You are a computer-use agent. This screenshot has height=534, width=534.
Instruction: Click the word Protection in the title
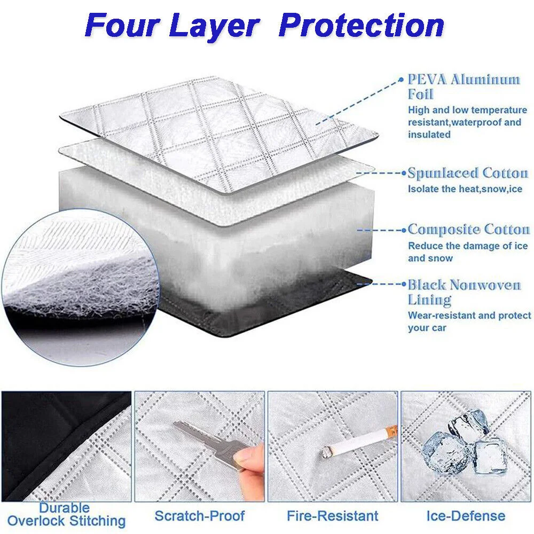click(362, 25)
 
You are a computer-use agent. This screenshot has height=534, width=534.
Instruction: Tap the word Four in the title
click(122, 25)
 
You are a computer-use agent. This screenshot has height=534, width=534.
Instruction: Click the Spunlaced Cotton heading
click(468, 173)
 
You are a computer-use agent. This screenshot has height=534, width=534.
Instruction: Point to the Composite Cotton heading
click(469, 230)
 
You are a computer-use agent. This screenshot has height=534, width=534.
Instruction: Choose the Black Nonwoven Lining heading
click(464, 292)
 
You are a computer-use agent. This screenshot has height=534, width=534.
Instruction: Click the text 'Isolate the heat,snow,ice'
click(465, 189)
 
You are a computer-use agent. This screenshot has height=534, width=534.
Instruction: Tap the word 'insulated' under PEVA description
click(429, 135)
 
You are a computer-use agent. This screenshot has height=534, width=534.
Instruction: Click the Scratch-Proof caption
click(200, 516)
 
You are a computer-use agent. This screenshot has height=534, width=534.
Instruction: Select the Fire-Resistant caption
click(332, 516)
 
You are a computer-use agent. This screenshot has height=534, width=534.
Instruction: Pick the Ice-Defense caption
click(466, 516)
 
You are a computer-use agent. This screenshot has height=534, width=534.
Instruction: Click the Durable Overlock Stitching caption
click(66, 515)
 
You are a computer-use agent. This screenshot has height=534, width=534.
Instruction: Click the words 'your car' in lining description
click(427, 328)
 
